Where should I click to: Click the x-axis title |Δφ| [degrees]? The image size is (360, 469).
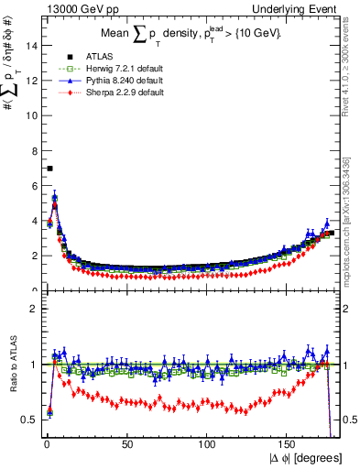[304, 458]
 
